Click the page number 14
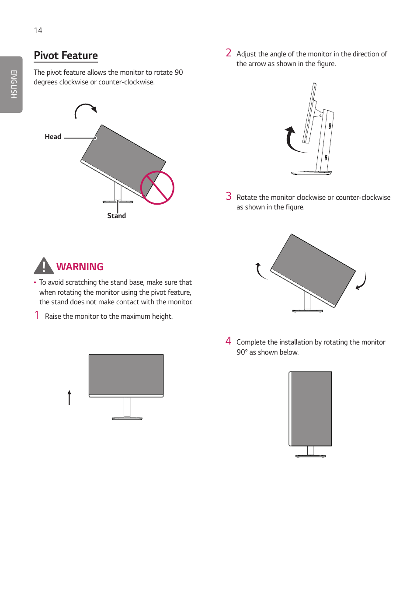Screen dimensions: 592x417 click(x=38, y=30)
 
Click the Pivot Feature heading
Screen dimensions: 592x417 click(x=66, y=56)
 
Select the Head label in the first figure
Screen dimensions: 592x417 click(x=53, y=137)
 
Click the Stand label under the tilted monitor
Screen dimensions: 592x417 click(x=116, y=216)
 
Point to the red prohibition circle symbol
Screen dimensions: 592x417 click(x=157, y=188)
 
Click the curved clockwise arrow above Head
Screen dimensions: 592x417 click(x=85, y=110)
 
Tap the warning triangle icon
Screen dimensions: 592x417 click(x=44, y=266)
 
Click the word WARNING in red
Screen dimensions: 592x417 click(x=80, y=267)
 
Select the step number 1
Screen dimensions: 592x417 click(x=37, y=315)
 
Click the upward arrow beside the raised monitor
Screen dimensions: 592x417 click(x=69, y=397)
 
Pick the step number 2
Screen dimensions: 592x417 click(x=228, y=53)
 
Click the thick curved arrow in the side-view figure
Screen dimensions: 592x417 click(x=292, y=140)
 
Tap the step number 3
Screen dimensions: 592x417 click(x=228, y=196)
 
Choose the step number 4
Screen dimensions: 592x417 click(x=228, y=341)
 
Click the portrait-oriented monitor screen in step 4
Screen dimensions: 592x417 click(x=311, y=408)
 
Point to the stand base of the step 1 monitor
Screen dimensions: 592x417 click(x=127, y=418)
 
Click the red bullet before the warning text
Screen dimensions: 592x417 click(x=35, y=282)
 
